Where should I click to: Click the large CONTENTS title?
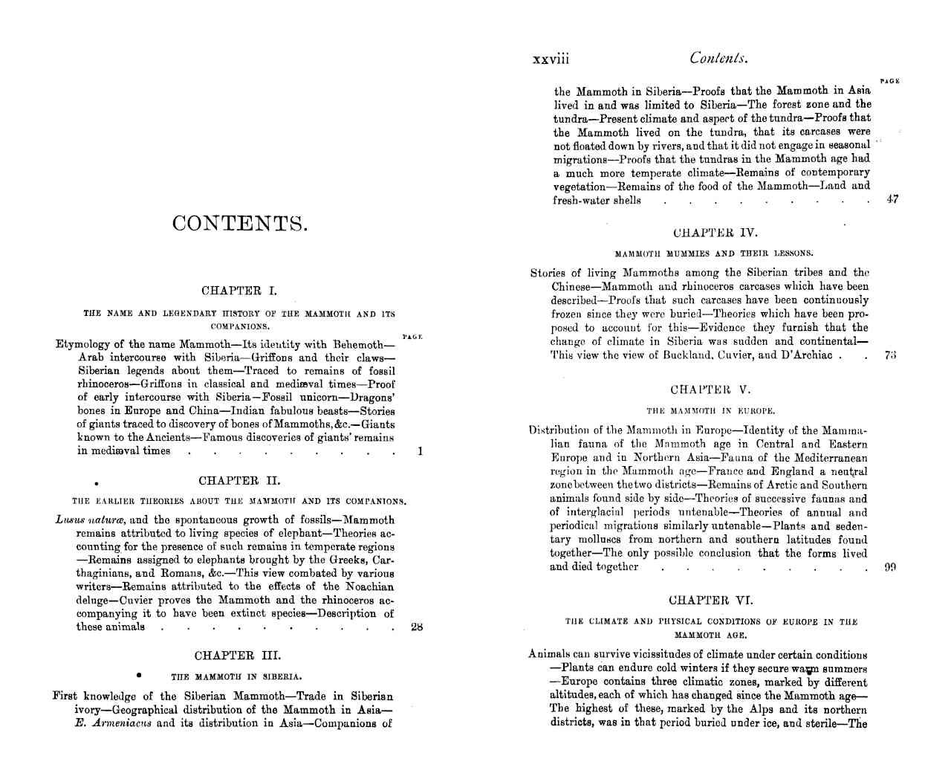coord(239,224)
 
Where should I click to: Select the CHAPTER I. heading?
coord(239,291)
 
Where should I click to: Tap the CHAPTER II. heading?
coord(239,481)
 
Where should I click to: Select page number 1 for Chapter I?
coord(420,450)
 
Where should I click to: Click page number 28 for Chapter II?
coord(417,627)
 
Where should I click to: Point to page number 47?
coord(892,199)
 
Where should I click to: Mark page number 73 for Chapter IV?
coord(891,355)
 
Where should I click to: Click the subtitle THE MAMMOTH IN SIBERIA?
coord(236,677)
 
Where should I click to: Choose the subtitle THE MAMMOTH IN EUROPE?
coord(711,410)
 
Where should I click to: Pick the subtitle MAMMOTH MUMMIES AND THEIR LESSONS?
coord(714,253)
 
